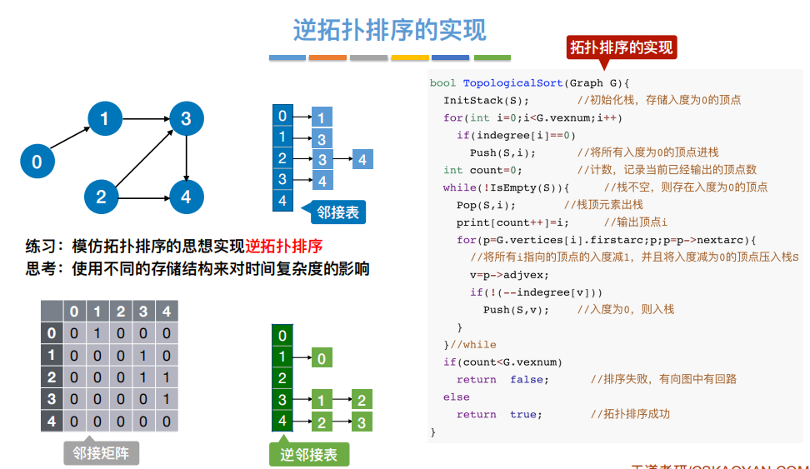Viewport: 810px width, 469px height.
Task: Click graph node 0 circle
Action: (37, 161)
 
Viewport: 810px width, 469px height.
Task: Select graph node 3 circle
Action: (186, 118)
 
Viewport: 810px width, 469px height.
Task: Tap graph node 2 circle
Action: (101, 197)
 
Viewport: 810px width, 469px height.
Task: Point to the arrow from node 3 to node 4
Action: (186, 158)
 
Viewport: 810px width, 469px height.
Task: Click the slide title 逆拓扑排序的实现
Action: (389, 31)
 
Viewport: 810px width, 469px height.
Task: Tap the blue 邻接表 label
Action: (337, 212)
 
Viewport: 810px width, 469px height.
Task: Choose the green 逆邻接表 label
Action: (309, 454)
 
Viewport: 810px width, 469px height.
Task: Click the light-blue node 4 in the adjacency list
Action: (362, 158)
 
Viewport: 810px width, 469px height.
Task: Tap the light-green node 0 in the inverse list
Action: (322, 358)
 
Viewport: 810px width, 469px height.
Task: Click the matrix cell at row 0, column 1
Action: (97, 334)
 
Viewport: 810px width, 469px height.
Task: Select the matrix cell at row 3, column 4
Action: (166, 399)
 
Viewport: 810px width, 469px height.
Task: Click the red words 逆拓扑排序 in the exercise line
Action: (284, 247)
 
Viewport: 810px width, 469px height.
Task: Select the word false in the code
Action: (529, 379)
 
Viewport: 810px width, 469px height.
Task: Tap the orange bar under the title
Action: (327, 57)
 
